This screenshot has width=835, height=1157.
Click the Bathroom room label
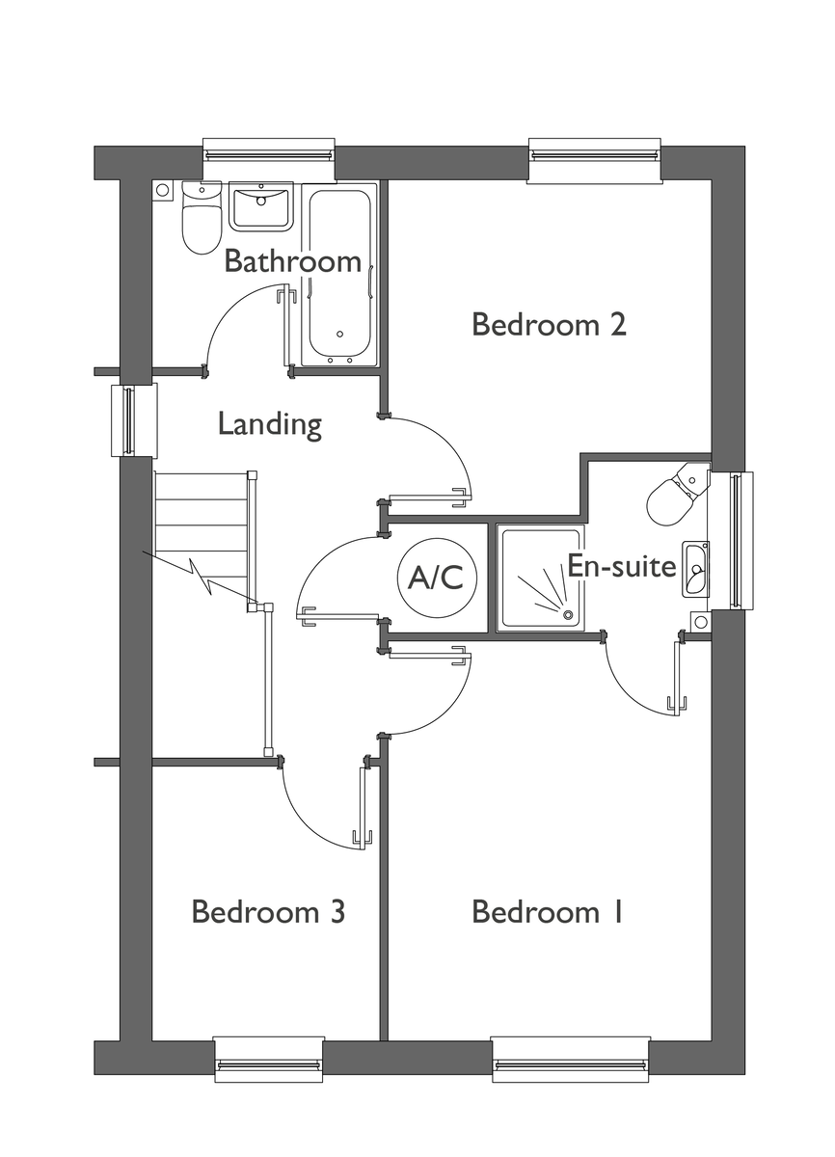(x=292, y=261)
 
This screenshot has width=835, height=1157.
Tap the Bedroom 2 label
(x=549, y=324)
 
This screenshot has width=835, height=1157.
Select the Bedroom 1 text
(x=548, y=912)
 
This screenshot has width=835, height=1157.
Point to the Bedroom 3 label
(x=268, y=912)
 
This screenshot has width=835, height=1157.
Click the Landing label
(x=270, y=424)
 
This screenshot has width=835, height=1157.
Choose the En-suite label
(x=622, y=566)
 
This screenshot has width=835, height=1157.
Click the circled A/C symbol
(x=436, y=577)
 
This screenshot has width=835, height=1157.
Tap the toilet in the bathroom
(x=202, y=218)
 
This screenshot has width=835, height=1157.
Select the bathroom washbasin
(x=261, y=206)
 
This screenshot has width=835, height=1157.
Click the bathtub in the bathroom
(x=338, y=277)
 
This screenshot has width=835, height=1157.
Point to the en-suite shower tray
(x=541, y=578)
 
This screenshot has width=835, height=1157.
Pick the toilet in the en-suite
(x=678, y=493)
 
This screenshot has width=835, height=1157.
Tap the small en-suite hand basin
(x=696, y=570)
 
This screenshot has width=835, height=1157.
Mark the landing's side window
(x=133, y=420)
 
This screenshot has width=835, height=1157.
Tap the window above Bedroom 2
(x=594, y=160)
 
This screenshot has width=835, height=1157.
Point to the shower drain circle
(x=568, y=614)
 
